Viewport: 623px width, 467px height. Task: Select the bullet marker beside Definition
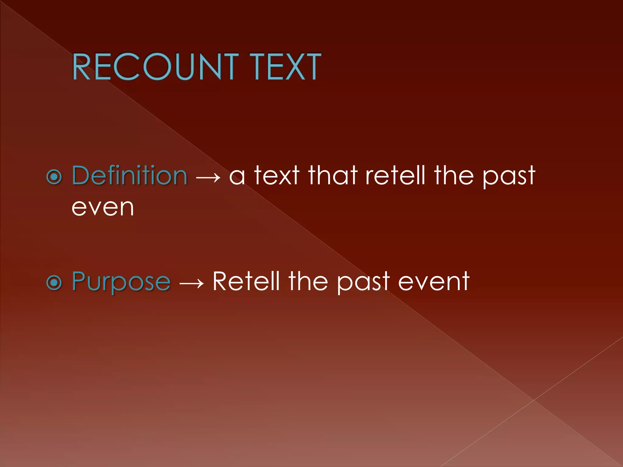point(54,177)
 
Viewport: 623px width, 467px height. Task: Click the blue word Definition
point(129,175)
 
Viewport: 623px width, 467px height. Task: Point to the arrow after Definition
point(208,177)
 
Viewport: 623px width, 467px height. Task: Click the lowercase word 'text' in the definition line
point(277,175)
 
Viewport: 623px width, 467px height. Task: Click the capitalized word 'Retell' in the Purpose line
point(246,281)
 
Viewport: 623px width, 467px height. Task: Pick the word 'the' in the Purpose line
point(308,281)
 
